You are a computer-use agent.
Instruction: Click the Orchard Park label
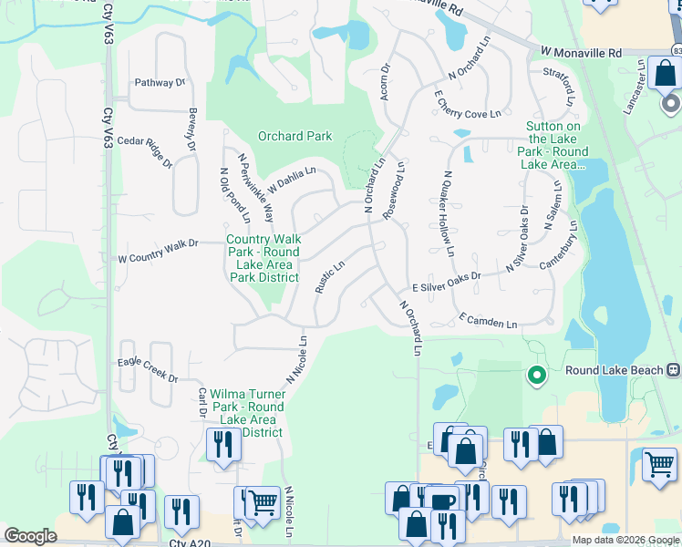click(294, 136)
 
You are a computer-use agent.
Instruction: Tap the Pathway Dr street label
click(160, 83)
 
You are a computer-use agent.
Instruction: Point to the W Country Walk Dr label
click(158, 258)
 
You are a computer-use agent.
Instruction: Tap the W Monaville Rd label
click(581, 54)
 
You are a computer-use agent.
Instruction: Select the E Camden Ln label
click(488, 321)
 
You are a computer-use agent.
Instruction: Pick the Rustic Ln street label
click(329, 278)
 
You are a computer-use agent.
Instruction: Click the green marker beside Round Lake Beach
click(537, 374)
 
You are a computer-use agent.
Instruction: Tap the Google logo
click(30, 536)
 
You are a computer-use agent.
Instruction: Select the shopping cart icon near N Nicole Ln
click(263, 500)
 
